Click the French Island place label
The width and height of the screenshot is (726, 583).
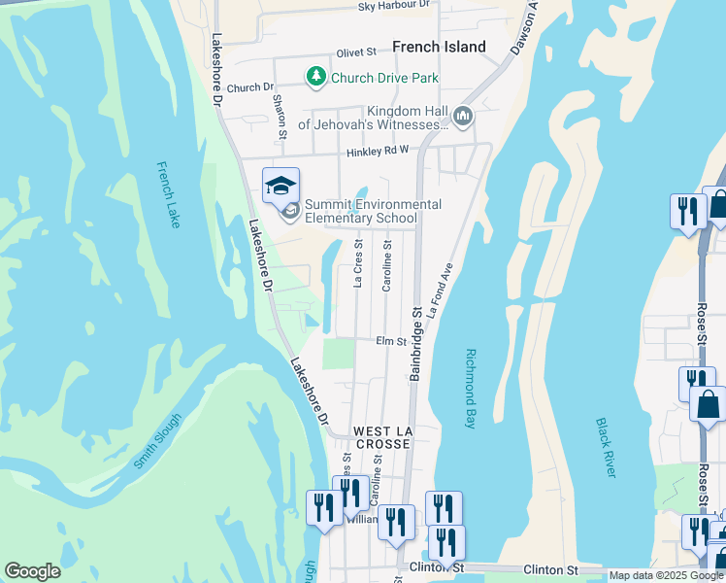coord(439,47)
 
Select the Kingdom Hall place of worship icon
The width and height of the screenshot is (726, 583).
coord(462,117)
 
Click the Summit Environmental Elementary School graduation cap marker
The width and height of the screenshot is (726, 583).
coord(280,186)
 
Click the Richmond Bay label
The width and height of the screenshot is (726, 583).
coord(471,376)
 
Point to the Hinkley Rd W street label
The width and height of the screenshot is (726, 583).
coord(379,152)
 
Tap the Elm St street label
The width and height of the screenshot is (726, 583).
coord(390,341)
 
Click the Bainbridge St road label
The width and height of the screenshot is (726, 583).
coord(415,342)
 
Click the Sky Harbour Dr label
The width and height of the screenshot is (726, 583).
coord(393,6)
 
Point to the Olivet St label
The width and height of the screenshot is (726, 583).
coord(356,52)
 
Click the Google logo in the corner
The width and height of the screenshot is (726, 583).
coord(32,571)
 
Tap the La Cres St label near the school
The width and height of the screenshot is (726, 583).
coord(358,264)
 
